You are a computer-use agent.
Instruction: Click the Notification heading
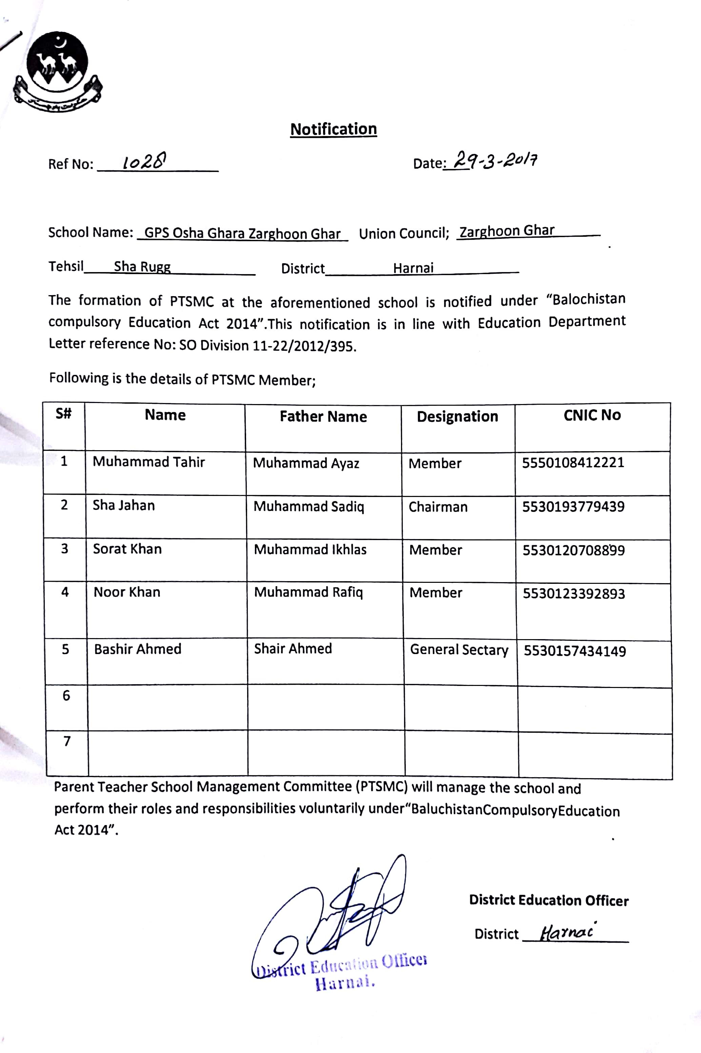point(334,129)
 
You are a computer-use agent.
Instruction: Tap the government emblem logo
point(57,72)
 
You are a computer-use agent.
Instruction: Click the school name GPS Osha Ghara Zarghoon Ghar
point(242,233)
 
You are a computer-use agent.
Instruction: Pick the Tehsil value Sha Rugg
point(142,267)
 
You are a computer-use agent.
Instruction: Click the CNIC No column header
point(592,415)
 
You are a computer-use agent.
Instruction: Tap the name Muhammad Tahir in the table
point(148,462)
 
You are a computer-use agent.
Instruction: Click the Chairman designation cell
point(438,507)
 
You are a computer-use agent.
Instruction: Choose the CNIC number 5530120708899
point(574,550)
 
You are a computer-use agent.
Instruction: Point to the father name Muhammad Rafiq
point(308,592)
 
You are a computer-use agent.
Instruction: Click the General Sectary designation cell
point(459,650)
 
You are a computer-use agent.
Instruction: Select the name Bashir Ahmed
point(138,649)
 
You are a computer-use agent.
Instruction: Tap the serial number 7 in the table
point(67,741)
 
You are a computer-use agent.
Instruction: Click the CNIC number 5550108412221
point(573,462)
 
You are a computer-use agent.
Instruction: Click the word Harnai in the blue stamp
point(344,983)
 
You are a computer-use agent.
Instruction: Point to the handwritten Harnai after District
point(567,932)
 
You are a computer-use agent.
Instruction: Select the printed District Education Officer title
point(548,900)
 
